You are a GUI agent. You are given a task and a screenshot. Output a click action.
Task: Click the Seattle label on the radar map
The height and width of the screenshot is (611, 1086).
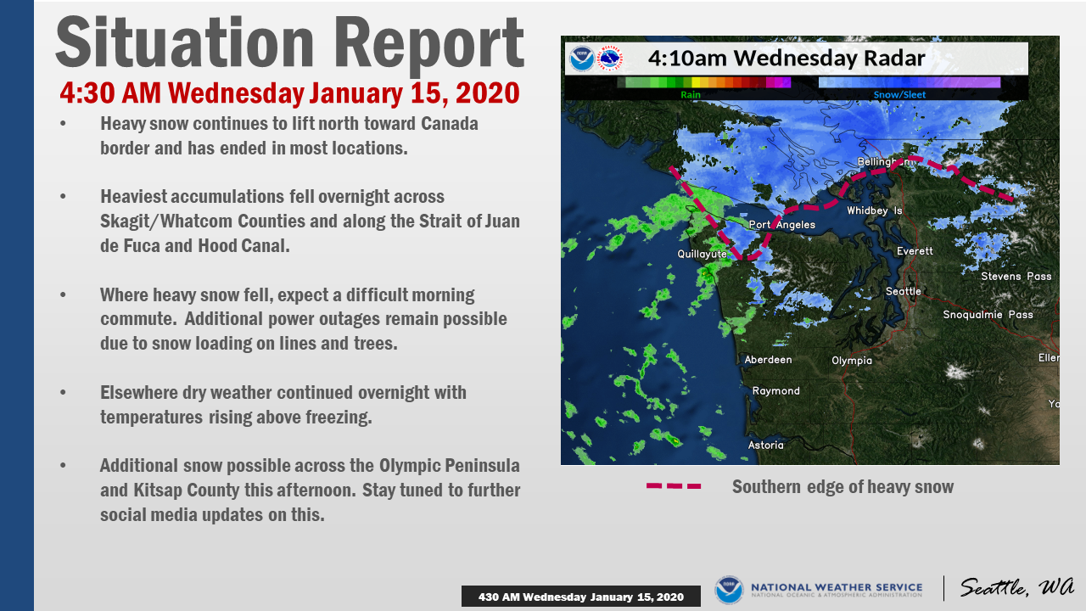pyautogui.click(x=904, y=291)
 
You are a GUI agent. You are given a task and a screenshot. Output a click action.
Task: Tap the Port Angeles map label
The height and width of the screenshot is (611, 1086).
pyautogui.click(x=782, y=225)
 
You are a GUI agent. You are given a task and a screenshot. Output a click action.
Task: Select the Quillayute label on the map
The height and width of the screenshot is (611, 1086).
pyautogui.click(x=702, y=254)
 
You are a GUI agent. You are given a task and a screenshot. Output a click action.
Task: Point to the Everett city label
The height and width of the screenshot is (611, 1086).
pyautogui.click(x=915, y=250)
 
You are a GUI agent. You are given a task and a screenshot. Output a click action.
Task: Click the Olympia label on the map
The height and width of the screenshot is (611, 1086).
pyautogui.click(x=852, y=361)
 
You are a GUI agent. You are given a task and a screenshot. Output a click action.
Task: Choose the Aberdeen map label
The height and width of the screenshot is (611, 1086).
pyautogui.click(x=768, y=359)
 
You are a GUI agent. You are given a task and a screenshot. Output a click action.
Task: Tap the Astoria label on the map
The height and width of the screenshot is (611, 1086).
pyautogui.click(x=765, y=445)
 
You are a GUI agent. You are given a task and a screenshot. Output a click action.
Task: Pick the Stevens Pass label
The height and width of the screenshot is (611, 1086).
pyautogui.click(x=1016, y=276)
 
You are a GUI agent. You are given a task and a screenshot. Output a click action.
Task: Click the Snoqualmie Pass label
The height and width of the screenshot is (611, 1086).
pyautogui.click(x=988, y=315)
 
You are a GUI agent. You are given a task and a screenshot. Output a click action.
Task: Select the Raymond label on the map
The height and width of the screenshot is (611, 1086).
pyautogui.click(x=775, y=391)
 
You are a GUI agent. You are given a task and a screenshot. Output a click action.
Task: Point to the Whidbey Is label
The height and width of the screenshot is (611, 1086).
pyautogui.click(x=875, y=210)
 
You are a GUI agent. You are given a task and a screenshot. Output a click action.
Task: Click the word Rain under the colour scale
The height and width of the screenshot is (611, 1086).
pyautogui.click(x=691, y=94)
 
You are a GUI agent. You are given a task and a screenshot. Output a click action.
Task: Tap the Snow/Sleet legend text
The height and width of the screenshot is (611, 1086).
pyautogui.click(x=900, y=94)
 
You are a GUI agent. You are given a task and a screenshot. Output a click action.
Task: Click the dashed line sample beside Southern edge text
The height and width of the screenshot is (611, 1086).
pyautogui.click(x=674, y=486)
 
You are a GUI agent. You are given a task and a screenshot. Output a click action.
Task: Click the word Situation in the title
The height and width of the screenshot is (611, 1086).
pyautogui.click(x=185, y=42)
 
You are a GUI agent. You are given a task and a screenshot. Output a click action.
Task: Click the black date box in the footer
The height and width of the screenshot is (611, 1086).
pyautogui.click(x=581, y=597)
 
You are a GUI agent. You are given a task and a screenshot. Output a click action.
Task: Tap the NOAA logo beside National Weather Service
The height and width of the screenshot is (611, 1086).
pyautogui.click(x=729, y=590)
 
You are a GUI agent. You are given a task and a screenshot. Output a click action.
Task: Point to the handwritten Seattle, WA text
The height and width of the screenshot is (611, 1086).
pyautogui.click(x=1016, y=587)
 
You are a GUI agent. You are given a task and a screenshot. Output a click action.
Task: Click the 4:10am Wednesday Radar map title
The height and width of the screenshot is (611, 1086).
pyautogui.click(x=787, y=59)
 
